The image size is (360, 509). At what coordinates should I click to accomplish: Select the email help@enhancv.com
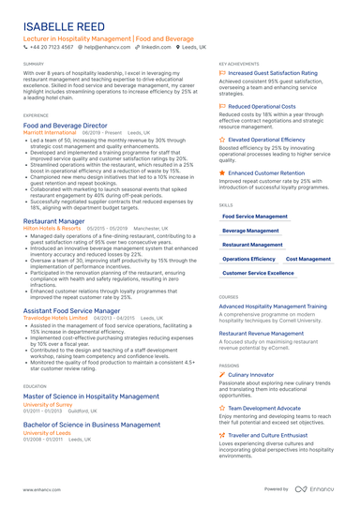click(107, 46)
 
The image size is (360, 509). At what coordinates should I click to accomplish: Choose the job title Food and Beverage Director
click(65, 125)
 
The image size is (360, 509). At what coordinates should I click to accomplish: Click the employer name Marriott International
click(50, 133)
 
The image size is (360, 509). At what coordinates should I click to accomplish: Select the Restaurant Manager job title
click(52, 221)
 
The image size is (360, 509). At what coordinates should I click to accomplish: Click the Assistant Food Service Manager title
click(71, 309)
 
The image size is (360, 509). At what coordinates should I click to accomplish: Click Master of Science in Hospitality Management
click(84, 397)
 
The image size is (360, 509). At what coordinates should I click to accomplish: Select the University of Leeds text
click(47, 433)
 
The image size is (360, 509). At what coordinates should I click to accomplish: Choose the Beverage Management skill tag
click(250, 230)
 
